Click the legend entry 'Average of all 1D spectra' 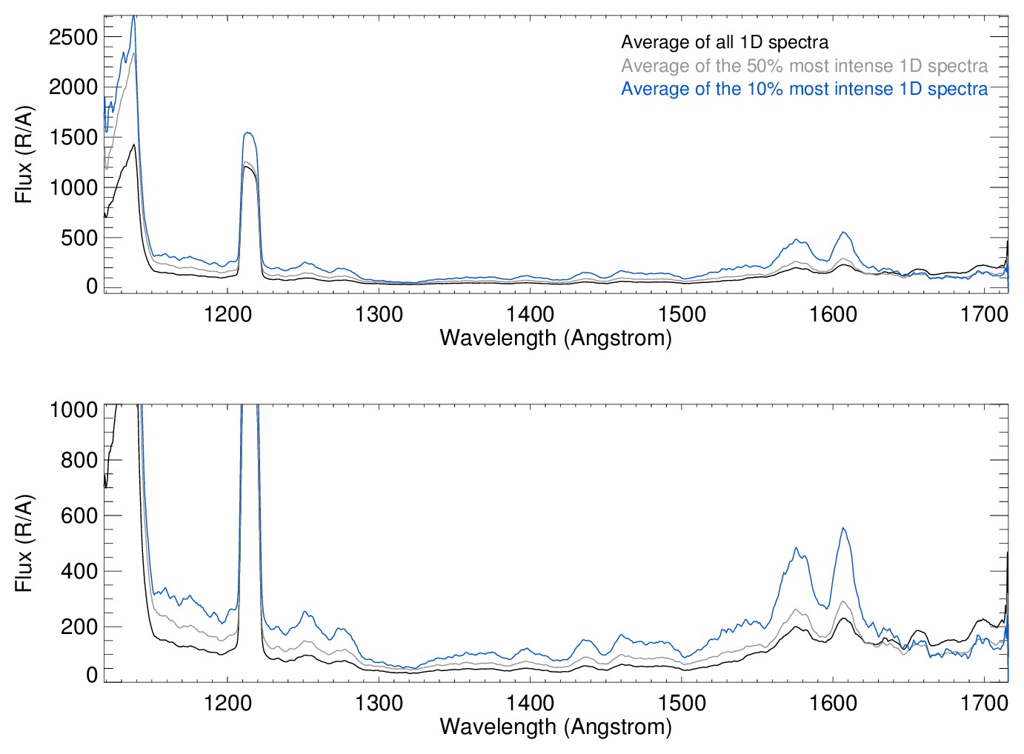724,42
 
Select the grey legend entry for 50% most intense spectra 804,66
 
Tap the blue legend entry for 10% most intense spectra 804,89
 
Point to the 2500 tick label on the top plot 73,37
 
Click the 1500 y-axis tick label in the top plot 73,138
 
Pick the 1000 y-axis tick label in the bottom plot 73,410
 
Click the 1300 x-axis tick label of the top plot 379,314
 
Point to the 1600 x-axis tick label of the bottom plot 833,702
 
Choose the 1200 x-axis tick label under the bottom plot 227,702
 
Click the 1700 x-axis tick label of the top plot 984,314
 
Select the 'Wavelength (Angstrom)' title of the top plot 556,338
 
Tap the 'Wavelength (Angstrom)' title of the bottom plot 556,727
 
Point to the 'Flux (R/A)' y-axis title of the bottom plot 24,543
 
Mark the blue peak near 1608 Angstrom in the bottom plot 842,528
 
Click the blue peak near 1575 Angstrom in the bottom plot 796,548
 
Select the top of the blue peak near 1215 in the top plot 248,133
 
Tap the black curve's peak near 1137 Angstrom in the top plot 134,145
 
